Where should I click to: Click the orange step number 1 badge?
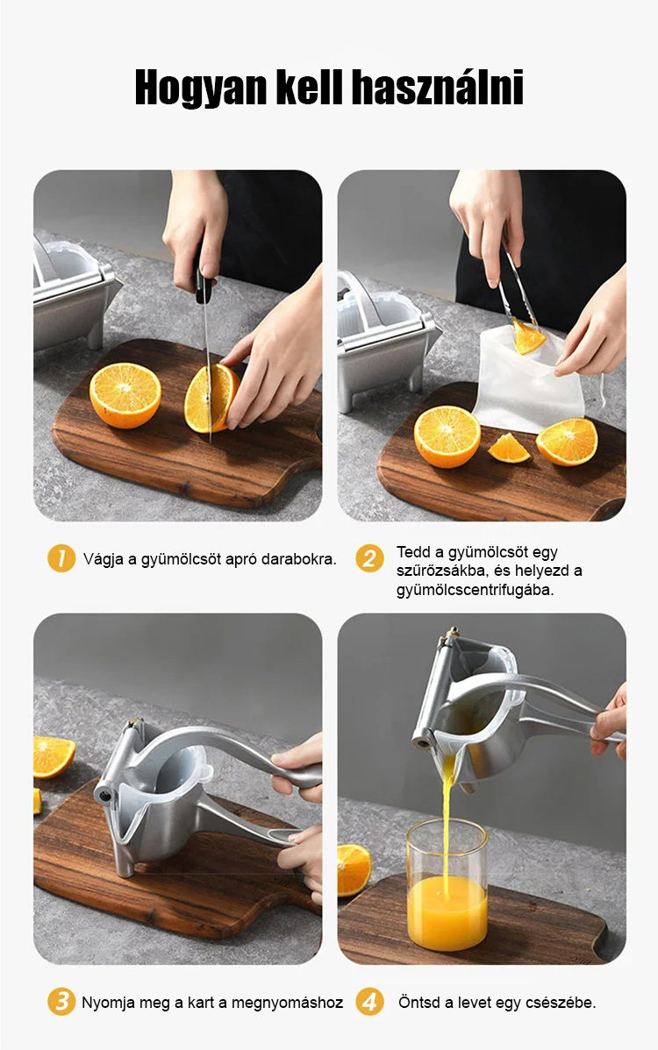[61, 557]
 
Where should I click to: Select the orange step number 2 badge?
[369, 557]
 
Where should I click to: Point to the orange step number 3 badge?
[61, 1002]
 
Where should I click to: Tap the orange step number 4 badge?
[369, 1002]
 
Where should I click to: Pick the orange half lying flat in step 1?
[125, 395]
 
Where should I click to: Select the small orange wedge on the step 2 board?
[509, 448]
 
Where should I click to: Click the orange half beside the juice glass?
[354, 869]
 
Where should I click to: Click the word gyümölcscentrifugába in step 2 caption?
[475, 590]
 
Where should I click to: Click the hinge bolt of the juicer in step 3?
[105, 795]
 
